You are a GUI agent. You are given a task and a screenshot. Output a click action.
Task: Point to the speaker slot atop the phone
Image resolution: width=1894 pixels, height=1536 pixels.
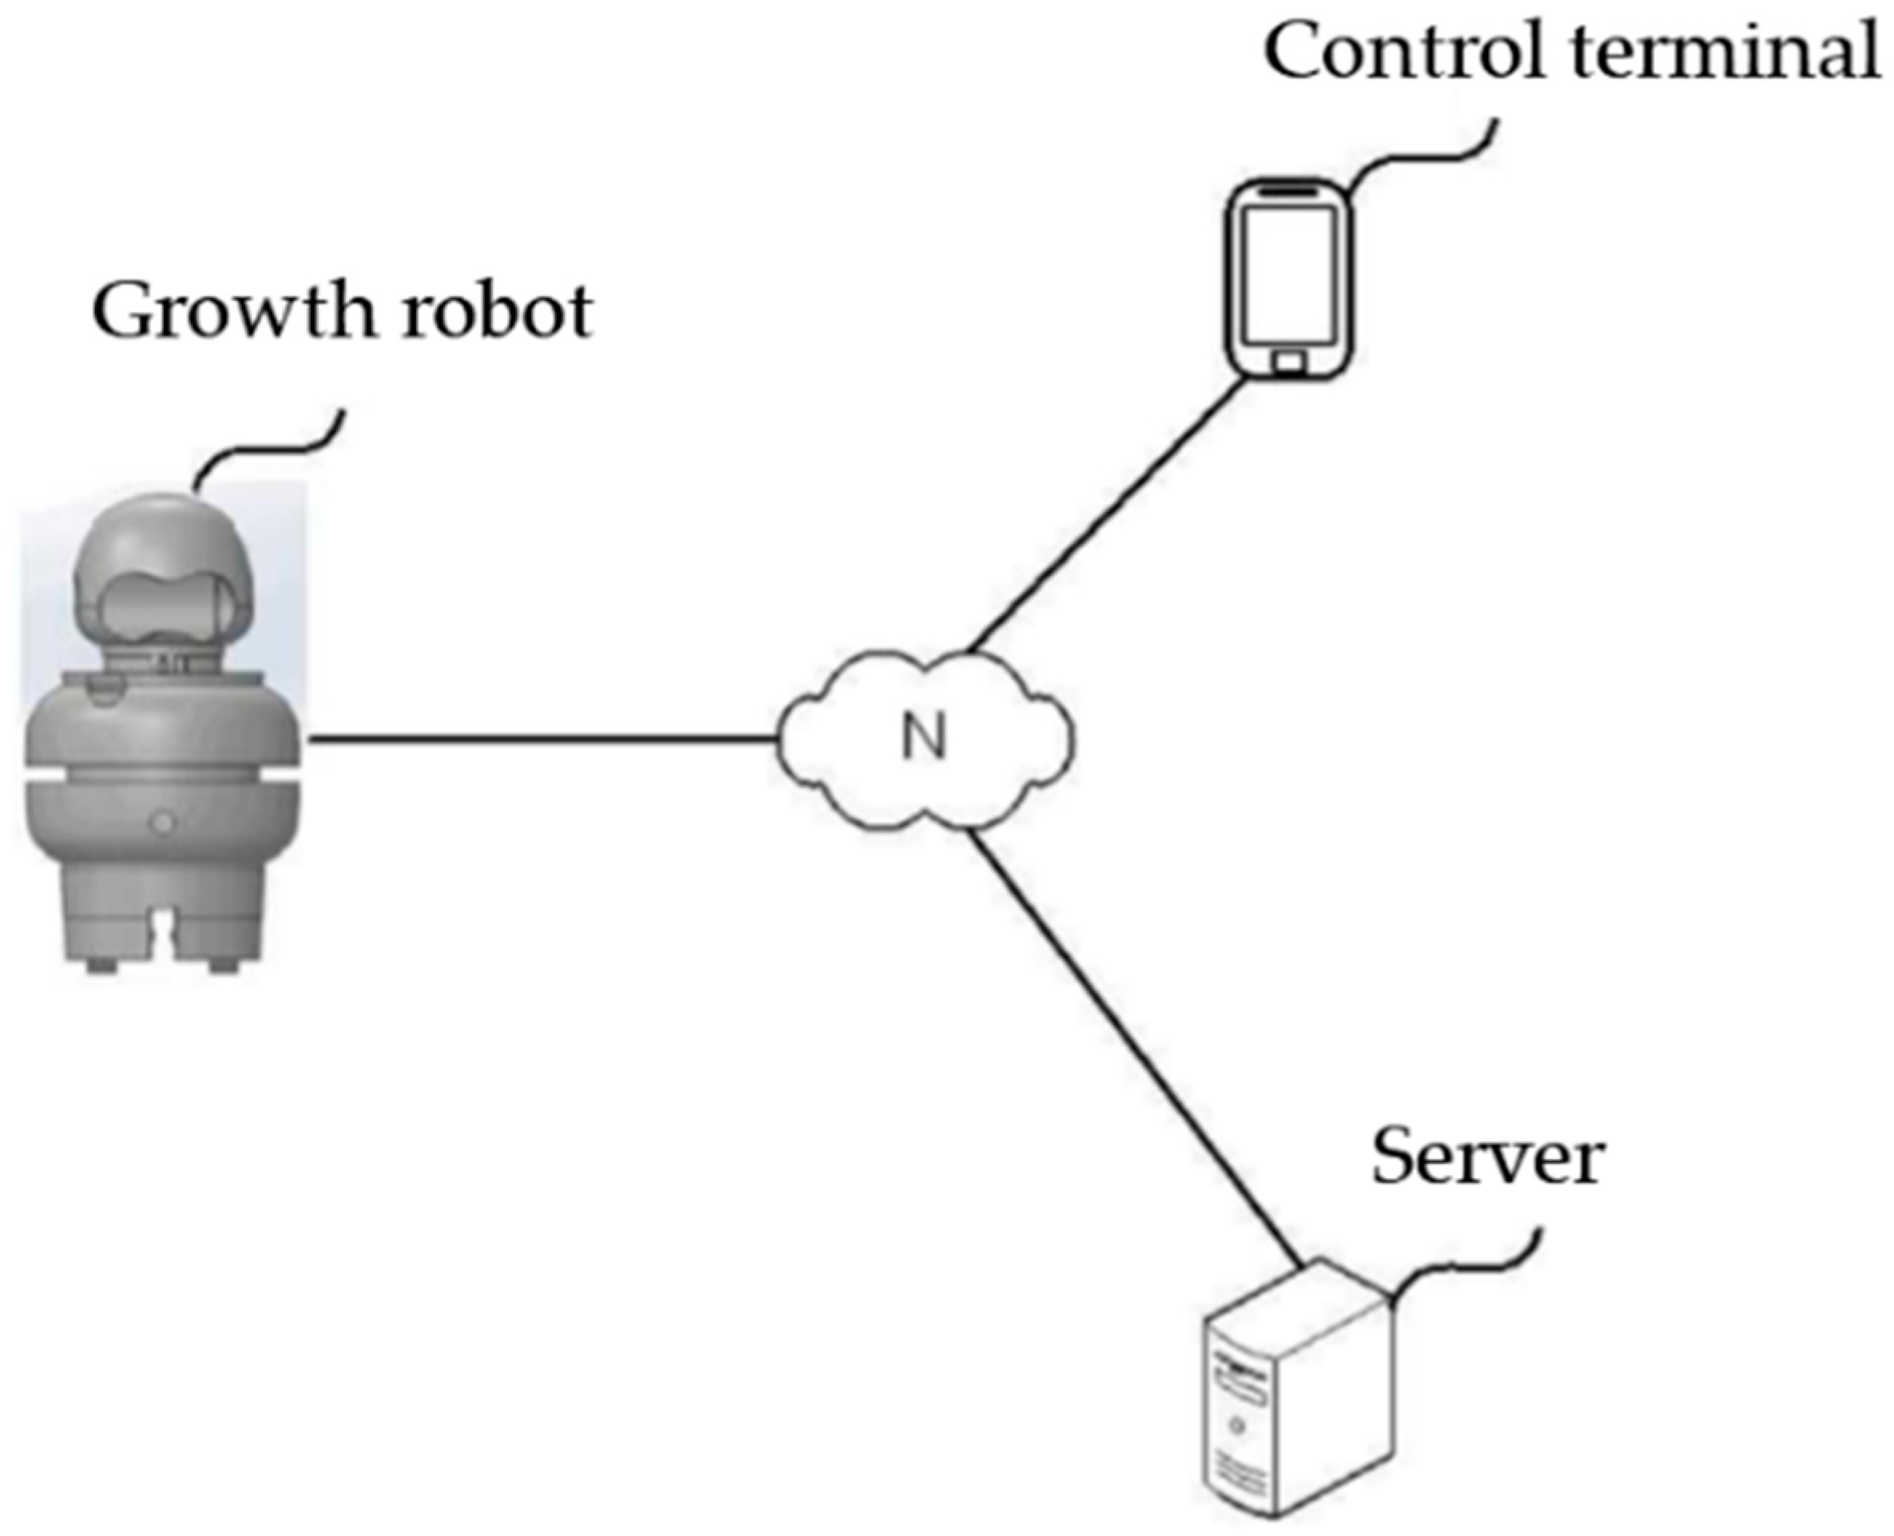coord(1289,190)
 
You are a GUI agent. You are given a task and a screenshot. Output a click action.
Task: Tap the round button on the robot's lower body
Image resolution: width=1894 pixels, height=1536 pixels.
coord(163,824)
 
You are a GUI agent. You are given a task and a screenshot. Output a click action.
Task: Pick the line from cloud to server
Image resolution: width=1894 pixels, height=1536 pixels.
coord(1133,1044)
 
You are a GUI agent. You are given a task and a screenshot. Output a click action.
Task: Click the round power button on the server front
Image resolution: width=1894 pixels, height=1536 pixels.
coord(1237,1426)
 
